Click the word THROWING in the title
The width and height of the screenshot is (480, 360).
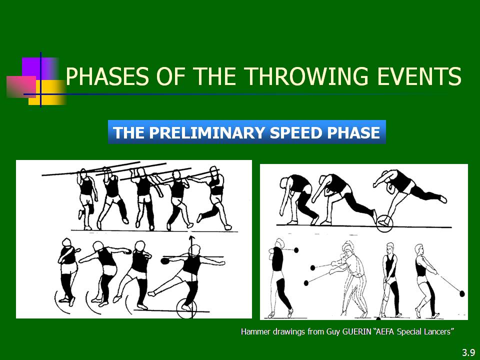pos(306,76)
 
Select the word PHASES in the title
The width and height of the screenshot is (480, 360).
pos(107,76)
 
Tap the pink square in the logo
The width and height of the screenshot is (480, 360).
pos(21,86)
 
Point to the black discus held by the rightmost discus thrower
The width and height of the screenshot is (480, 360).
pos(164,261)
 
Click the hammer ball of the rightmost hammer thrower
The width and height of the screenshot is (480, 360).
pos(462,294)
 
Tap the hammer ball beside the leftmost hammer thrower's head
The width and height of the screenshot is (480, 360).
pos(296,250)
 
